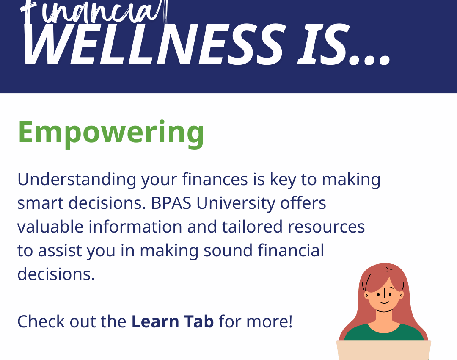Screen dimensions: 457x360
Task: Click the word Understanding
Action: [x=77, y=180]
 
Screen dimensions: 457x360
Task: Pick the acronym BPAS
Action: [x=171, y=203]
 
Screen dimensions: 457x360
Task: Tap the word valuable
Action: [x=50, y=227]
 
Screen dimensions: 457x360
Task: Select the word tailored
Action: [x=252, y=227]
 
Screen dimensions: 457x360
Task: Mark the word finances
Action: [x=215, y=179]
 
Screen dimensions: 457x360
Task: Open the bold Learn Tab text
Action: [x=173, y=321]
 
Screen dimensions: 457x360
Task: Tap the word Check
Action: [x=41, y=321]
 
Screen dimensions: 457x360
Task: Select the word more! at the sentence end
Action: [x=269, y=322]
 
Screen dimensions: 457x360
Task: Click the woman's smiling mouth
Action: [x=384, y=302]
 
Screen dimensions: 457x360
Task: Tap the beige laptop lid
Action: [x=383, y=350]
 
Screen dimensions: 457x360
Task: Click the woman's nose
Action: [x=384, y=293]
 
